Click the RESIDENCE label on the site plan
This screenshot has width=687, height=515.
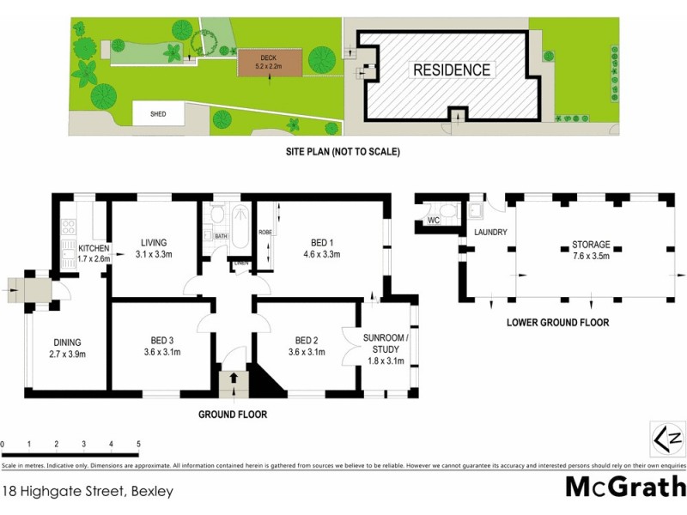453,70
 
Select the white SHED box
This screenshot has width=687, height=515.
158,113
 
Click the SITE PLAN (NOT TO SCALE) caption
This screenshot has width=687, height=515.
343,152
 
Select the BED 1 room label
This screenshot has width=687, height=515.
322,248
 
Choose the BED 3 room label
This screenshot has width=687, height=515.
161,345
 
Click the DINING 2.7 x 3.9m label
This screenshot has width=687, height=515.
66,346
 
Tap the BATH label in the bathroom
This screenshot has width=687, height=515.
221,236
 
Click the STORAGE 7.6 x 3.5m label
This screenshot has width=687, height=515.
591,250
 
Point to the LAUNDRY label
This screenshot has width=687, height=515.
490,233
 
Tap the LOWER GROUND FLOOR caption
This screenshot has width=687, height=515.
557,323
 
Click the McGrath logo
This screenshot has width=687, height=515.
624,487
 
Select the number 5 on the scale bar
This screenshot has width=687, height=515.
138,444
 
